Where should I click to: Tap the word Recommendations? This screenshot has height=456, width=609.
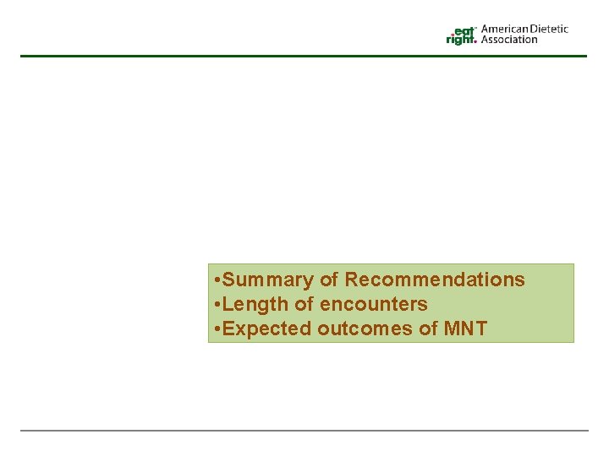(x=435, y=280)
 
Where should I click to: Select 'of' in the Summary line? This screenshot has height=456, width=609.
(x=329, y=280)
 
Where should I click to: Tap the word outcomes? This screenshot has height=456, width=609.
(x=365, y=328)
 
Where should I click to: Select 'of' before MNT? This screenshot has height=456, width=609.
(x=429, y=328)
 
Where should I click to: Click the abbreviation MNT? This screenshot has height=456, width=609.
(x=466, y=328)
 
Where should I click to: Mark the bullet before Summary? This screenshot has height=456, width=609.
(x=218, y=280)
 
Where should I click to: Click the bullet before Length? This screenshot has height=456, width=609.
(x=218, y=304)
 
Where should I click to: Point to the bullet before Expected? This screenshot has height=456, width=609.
(x=218, y=328)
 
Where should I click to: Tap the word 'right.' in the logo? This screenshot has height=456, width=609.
(x=462, y=39)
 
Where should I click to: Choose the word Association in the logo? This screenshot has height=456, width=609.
(x=509, y=39)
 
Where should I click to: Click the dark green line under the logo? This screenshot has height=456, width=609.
(x=304, y=56)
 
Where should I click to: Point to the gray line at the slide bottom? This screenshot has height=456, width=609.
(x=304, y=431)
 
